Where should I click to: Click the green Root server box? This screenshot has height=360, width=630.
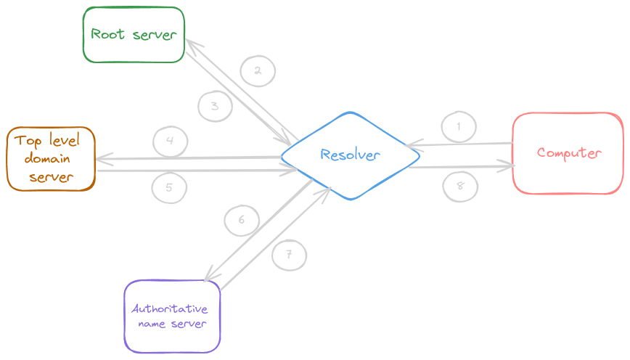134,34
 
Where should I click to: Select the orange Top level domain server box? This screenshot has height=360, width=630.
52,158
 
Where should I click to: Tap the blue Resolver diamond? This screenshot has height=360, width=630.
351,155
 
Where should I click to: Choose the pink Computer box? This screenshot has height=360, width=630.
568,153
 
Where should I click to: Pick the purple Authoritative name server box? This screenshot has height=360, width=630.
172,316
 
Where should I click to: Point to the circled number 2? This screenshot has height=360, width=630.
257,70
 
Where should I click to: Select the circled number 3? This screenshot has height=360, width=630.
215,106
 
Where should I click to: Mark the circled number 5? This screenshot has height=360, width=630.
169,187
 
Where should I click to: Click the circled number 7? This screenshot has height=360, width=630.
289,254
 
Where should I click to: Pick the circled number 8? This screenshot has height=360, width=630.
460,184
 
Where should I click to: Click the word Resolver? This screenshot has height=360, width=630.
351,155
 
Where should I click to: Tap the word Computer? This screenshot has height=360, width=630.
569,153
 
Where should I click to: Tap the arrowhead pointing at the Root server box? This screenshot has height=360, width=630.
191,44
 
